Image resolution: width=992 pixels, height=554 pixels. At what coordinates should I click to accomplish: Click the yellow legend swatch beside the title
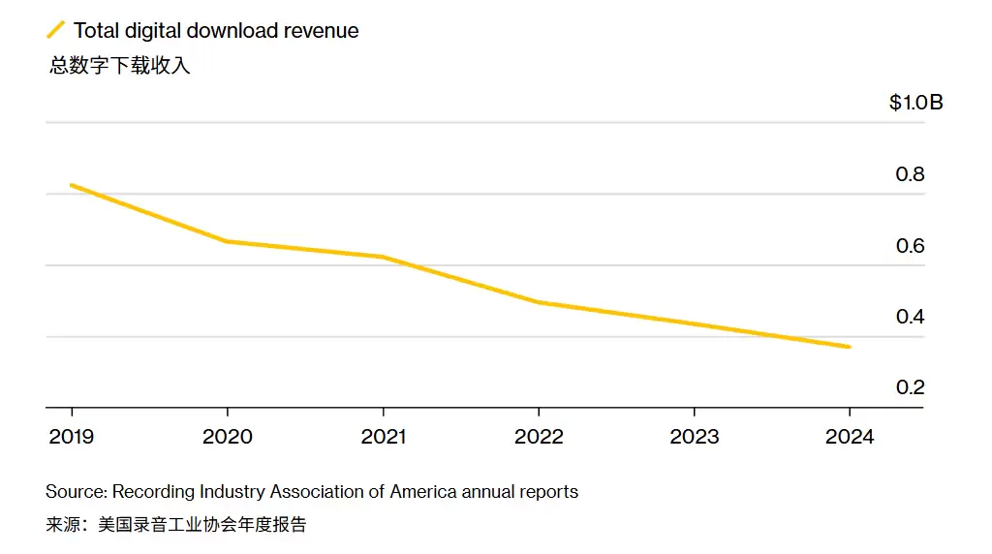pos(56,30)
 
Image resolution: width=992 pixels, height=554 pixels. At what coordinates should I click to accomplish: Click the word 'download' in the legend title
pos(232,31)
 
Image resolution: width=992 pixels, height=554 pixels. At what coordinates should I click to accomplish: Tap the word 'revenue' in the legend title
pos(322,31)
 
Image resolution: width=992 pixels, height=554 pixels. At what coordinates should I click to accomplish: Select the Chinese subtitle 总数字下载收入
pos(120,67)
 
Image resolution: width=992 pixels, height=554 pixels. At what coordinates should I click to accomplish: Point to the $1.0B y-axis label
pos(915,103)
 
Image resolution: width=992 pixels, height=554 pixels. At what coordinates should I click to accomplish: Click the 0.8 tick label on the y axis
pos(910,174)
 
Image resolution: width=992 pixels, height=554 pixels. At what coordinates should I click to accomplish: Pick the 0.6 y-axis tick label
pos(910,246)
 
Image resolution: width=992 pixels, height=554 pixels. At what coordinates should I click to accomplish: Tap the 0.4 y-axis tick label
pos(910,317)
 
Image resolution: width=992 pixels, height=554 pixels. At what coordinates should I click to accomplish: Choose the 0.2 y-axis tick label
pos(910,387)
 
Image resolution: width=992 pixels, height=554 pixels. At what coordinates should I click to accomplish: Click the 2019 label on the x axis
pos(72,437)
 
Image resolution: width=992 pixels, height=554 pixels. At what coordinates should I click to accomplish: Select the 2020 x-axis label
pos(227,437)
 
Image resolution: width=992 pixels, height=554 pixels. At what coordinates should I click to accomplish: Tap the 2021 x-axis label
pos(384,437)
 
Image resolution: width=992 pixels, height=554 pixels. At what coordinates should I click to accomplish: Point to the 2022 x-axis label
pos(539,437)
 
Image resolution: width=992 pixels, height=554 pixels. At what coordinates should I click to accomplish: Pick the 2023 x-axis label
pos(695,437)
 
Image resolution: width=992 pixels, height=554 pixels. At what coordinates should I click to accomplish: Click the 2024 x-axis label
pos(850,437)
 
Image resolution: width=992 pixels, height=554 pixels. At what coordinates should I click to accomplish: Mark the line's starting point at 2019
pos(72,185)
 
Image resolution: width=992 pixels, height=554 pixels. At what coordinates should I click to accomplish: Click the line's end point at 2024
pos(850,347)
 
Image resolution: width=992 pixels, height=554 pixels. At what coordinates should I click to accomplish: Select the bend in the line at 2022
pos(539,302)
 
